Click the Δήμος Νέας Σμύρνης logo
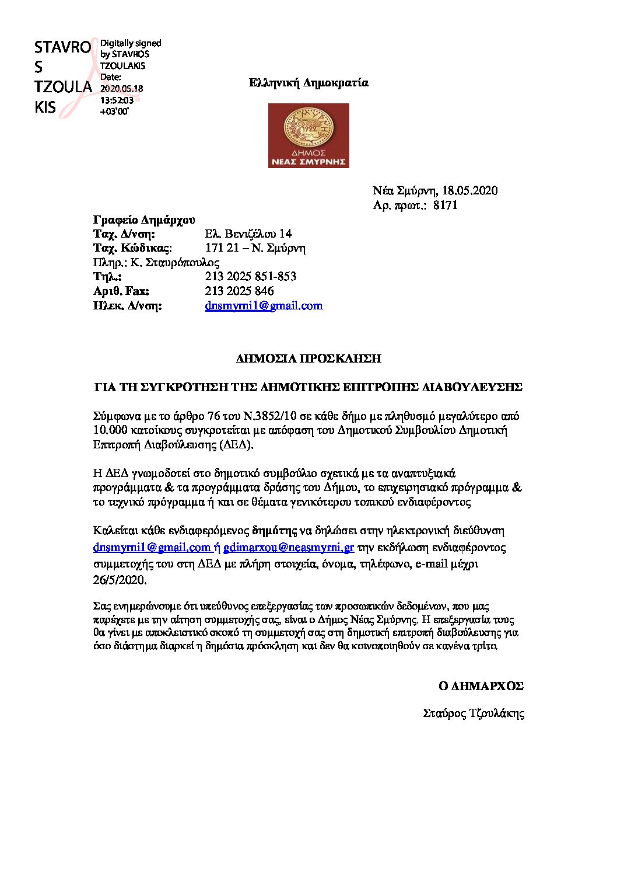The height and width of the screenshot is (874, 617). [308, 135]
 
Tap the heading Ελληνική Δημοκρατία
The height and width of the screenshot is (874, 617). [308, 83]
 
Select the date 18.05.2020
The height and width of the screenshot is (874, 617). [469, 190]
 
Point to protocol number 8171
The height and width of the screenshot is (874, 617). [446, 205]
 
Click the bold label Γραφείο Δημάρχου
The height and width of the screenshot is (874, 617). [144, 220]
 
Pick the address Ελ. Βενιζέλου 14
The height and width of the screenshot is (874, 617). [248, 234]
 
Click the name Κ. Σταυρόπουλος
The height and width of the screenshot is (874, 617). [175, 263]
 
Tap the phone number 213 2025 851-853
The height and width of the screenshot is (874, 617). [251, 277]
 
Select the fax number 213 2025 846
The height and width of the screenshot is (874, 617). [239, 291]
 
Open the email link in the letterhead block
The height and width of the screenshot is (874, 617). [264, 305]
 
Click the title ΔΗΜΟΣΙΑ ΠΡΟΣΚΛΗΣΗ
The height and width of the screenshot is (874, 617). [308, 358]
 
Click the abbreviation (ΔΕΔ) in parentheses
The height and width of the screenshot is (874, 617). [236, 445]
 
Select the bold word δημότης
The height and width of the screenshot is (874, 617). [275, 531]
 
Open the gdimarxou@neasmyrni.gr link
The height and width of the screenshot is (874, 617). [289, 548]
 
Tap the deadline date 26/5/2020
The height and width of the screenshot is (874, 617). [120, 580]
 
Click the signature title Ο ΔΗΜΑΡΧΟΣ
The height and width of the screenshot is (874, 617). [481, 686]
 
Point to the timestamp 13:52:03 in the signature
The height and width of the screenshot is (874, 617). [117, 100]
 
